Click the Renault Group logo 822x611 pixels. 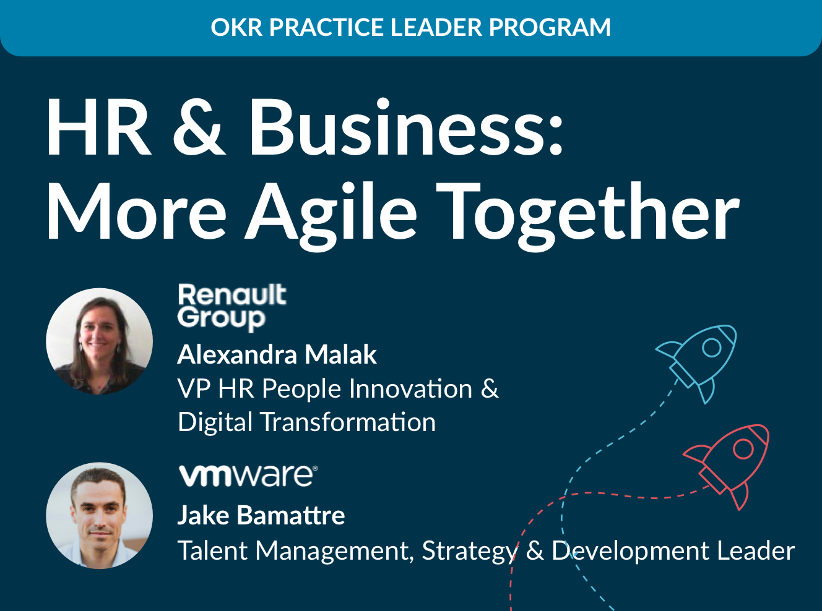coord(232,307)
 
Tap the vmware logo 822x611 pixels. coord(248,476)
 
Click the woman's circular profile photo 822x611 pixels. coord(99,341)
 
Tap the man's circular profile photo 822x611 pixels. coord(99,516)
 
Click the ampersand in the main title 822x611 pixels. coord(199,127)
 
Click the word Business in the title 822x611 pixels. coord(407,126)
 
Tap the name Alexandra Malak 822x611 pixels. coord(277,355)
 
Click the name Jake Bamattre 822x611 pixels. coord(261,515)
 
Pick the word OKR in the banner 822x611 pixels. coord(237,27)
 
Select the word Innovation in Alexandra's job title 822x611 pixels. coord(410,388)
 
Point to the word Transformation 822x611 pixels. coord(348,422)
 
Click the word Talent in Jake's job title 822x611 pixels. coord(212,550)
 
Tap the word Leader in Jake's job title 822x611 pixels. coord(756,550)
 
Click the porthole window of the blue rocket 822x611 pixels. coord(712,348)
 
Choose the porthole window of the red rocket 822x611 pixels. coord(743,449)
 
